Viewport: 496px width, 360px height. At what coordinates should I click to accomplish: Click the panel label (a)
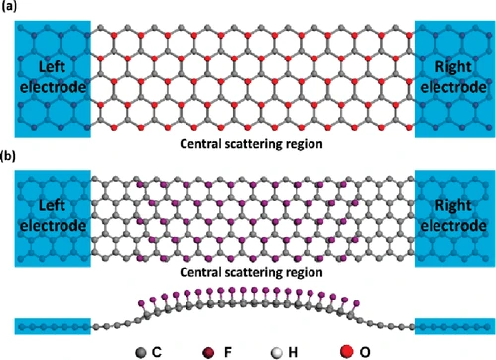click(x=9, y=6)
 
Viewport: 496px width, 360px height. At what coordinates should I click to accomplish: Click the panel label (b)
click(x=9, y=156)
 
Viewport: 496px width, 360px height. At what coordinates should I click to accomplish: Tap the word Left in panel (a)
click(x=52, y=67)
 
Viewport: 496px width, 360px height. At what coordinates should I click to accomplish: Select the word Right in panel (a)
click(x=453, y=67)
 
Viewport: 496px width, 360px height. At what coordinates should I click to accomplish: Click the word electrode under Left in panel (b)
click(x=53, y=226)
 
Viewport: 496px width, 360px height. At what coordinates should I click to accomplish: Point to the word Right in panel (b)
click(x=453, y=206)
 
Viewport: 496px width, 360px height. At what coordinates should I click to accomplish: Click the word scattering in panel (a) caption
click(x=251, y=144)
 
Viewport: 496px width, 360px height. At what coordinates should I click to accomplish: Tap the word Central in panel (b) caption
click(x=200, y=272)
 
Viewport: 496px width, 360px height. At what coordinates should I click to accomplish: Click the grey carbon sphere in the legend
click(x=141, y=352)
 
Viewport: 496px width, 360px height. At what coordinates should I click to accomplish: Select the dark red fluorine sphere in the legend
click(x=208, y=353)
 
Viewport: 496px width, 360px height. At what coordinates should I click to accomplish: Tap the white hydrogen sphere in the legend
click(x=276, y=353)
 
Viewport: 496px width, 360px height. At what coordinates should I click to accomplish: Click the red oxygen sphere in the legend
click(x=346, y=351)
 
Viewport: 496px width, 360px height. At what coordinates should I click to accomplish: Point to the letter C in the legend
click(x=157, y=352)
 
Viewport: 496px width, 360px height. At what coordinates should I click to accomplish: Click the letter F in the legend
click(x=228, y=352)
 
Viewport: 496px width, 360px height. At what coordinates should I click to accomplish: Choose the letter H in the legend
click(x=293, y=352)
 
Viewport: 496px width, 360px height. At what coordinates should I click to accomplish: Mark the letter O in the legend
click(x=365, y=352)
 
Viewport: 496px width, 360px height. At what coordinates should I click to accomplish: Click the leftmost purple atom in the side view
click(x=141, y=302)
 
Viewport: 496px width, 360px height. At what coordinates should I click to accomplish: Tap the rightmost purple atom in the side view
click(x=356, y=302)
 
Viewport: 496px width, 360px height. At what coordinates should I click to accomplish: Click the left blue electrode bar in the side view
click(x=53, y=326)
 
